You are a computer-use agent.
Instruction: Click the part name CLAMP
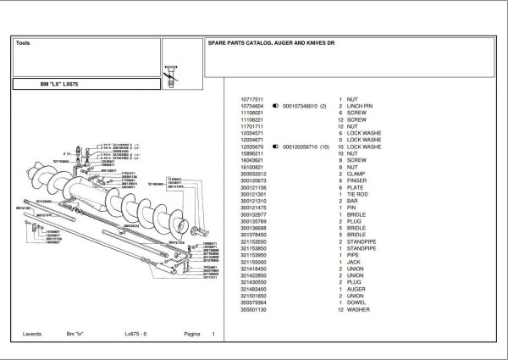pyautogui.click(x=356, y=174)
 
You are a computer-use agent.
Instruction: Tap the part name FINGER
pyautogui.click(x=357, y=180)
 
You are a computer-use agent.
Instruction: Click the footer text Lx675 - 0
pyautogui.click(x=136, y=335)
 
